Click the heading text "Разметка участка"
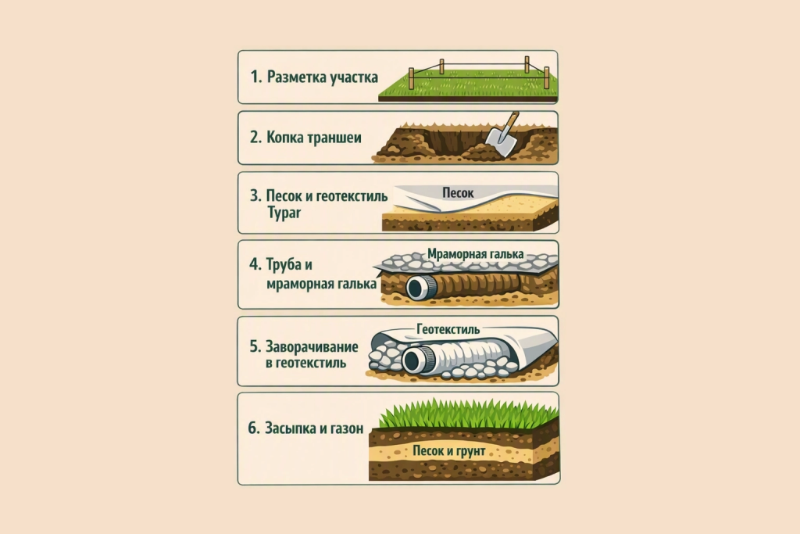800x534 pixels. [323, 77]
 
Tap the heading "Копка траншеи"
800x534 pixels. [314, 138]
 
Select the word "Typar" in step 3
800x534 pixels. [284, 213]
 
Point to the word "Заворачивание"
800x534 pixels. [312, 346]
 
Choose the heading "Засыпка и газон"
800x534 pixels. [314, 428]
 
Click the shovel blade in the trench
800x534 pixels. [499, 141]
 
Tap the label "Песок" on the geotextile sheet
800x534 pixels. [458, 193]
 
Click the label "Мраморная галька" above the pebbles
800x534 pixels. [476, 254]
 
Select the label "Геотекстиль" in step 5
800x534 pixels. [448, 329]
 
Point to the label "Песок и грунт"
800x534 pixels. [449, 451]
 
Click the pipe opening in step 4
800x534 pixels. [416, 289]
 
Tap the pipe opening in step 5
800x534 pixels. [412, 361]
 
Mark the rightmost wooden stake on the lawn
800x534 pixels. [546, 77]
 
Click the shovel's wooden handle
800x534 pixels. [511, 120]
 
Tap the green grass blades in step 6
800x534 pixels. [469, 414]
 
